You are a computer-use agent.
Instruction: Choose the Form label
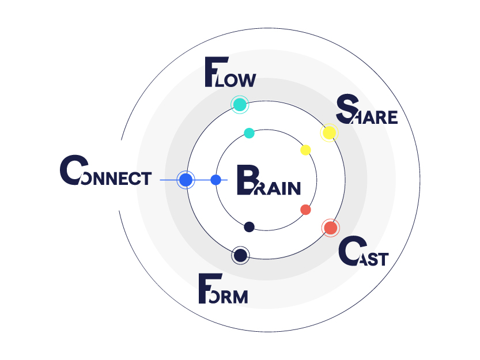[223, 290]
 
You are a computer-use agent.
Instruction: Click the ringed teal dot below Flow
[239, 105]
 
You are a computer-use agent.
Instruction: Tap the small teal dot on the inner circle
[249, 133]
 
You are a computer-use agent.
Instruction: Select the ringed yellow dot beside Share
[328, 133]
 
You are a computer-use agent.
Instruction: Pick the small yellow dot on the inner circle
[306, 150]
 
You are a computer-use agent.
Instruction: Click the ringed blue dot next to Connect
[186, 180]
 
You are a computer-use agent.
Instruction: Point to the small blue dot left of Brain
[216, 180]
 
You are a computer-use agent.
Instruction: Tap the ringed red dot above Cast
[330, 228]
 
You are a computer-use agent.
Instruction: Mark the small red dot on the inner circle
[305, 210]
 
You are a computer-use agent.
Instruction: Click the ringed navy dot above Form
[240, 255]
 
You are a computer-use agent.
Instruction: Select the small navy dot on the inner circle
[249, 227]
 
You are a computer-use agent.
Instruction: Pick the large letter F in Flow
[214, 73]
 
